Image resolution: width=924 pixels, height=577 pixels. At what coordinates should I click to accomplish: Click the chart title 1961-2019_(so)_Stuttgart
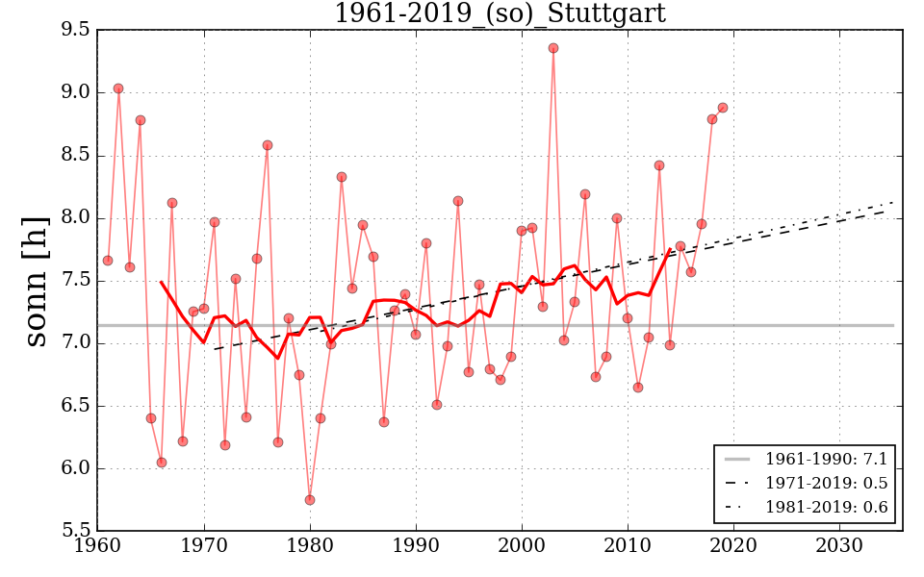[x=500, y=13]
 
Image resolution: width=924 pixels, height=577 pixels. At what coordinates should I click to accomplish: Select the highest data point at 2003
[x=553, y=48]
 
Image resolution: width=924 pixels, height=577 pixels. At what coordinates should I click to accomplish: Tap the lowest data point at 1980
[x=310, y=500]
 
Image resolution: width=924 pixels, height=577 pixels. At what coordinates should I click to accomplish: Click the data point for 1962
[x=118, y=88]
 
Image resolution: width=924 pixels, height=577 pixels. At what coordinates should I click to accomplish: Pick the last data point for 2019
[x=723, y=108]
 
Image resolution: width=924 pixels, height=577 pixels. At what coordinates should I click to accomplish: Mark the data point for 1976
[x=268, y=145]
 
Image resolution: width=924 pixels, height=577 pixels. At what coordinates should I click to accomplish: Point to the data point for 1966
[x=162, y=463]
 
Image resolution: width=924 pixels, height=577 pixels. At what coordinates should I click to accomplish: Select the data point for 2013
[x=659, y=165]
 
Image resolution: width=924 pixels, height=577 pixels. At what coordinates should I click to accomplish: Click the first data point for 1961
[x=108, y=261]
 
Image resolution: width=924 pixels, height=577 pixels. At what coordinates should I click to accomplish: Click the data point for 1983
[x=342, y=177]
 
